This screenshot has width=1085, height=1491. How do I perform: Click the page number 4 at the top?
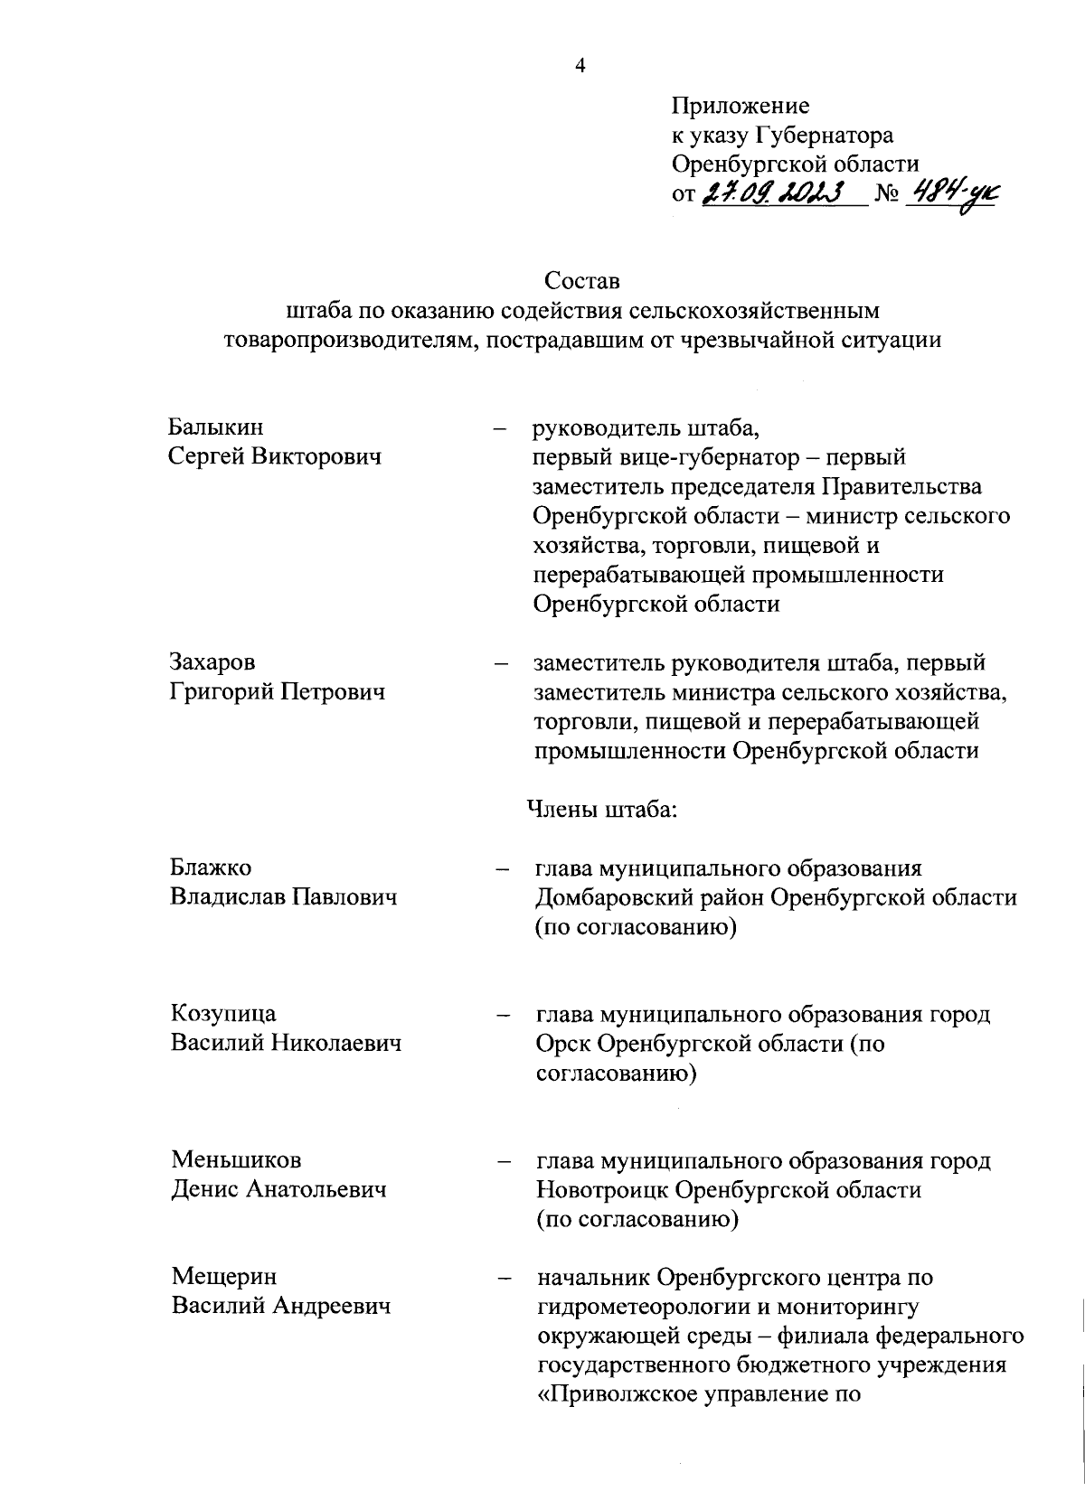pos(580,66)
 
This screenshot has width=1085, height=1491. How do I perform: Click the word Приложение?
pos(740,107)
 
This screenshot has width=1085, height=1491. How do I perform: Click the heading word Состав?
pos(582,281)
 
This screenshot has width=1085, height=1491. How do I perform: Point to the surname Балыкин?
pos(216,427)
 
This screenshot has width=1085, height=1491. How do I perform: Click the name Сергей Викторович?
pos(275,456)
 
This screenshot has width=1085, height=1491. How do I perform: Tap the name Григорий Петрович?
pos(278,692)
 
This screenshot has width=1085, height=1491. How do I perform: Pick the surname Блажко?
pos(211,867)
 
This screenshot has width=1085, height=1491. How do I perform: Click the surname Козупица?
pos(223,1014)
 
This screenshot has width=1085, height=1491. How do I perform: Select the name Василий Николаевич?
pos(286,1044)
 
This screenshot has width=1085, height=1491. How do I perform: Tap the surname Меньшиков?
pos(236,1159)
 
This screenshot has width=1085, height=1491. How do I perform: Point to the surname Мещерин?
pos(224,1277)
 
